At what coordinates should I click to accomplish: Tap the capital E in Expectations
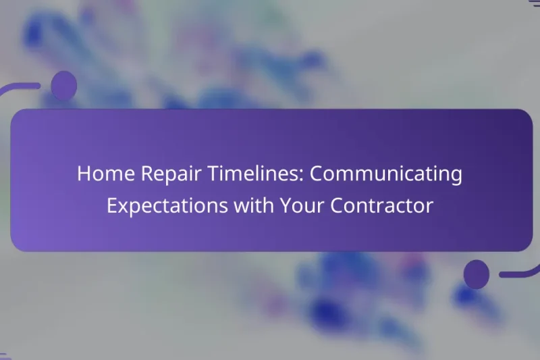[112, 206]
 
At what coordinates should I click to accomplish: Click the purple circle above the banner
[64, 86]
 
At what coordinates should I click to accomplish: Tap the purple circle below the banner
[477, 274]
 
